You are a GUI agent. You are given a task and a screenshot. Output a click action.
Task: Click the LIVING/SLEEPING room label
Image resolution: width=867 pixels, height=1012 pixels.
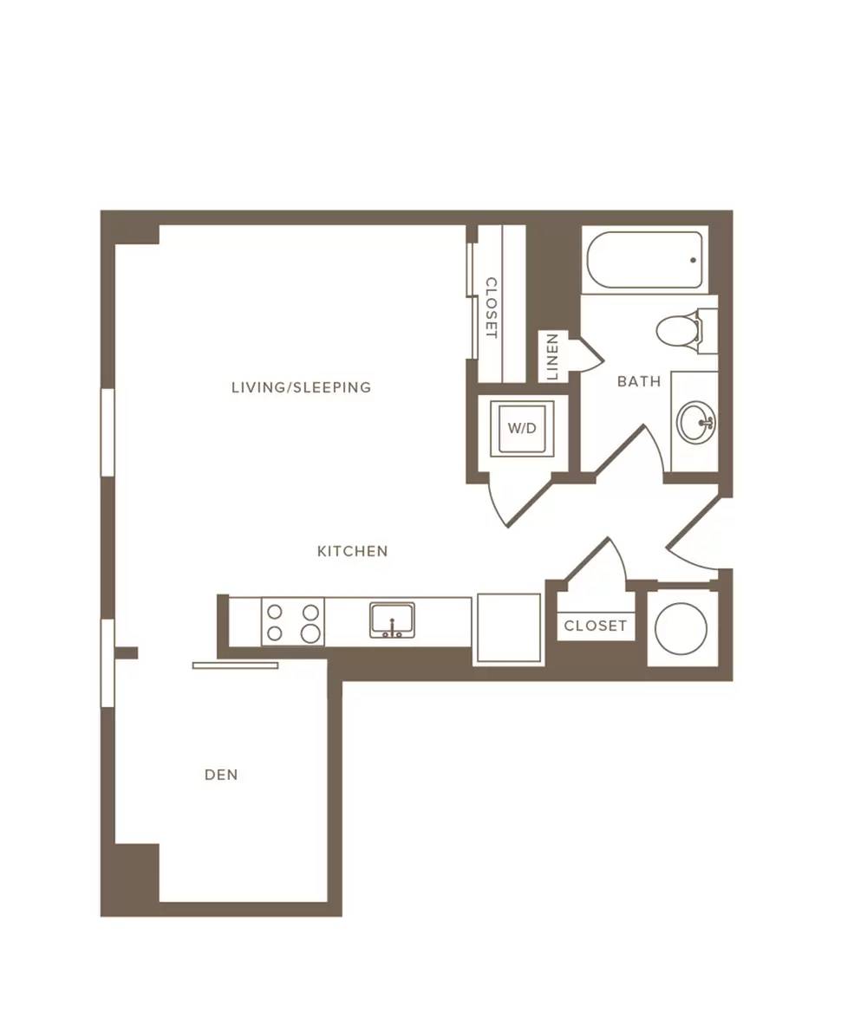point(301,387)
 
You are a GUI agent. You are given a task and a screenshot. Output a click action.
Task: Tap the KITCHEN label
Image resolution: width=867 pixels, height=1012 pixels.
point(352,551)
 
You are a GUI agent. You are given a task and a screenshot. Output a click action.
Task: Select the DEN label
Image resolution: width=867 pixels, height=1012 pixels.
point(221,775)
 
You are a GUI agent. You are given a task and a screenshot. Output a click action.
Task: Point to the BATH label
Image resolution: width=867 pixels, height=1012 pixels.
point(639,381)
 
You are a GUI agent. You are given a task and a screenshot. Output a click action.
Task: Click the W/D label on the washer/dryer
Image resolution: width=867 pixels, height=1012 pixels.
point(522,428)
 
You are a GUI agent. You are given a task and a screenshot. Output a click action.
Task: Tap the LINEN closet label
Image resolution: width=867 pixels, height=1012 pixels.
point(551,357)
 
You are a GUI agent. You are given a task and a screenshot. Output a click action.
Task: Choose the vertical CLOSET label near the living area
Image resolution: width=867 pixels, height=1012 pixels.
point(491,308)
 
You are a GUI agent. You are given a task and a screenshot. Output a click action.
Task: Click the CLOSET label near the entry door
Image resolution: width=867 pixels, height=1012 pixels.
point(595,626)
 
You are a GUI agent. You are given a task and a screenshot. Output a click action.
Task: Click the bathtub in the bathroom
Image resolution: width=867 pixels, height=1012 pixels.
point(645,260)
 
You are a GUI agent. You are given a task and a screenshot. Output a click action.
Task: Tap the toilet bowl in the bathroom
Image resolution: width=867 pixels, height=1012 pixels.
point(675,331)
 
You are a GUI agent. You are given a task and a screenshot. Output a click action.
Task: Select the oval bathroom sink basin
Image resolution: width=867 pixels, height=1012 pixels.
point(696,422)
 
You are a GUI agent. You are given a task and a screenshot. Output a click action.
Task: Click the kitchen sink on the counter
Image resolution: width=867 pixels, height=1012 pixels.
point(392,620)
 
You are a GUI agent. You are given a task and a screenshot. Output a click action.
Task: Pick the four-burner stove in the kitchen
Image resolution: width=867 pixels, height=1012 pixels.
point(293,621)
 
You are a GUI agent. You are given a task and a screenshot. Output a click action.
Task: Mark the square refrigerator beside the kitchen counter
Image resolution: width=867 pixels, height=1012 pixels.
point(508,628)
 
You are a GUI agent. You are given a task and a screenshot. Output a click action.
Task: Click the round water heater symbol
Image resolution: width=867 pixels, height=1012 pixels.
point(681,628)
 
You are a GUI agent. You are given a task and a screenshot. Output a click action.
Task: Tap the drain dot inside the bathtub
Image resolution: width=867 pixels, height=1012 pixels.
point(693,261)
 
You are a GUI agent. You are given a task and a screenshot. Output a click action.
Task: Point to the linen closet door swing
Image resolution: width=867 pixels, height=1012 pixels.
point(587,355)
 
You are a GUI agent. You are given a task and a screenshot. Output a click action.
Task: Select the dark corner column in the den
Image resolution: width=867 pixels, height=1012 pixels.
point(137,872)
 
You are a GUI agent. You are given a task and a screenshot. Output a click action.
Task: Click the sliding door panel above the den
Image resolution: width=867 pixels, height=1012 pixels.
point(235,665)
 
